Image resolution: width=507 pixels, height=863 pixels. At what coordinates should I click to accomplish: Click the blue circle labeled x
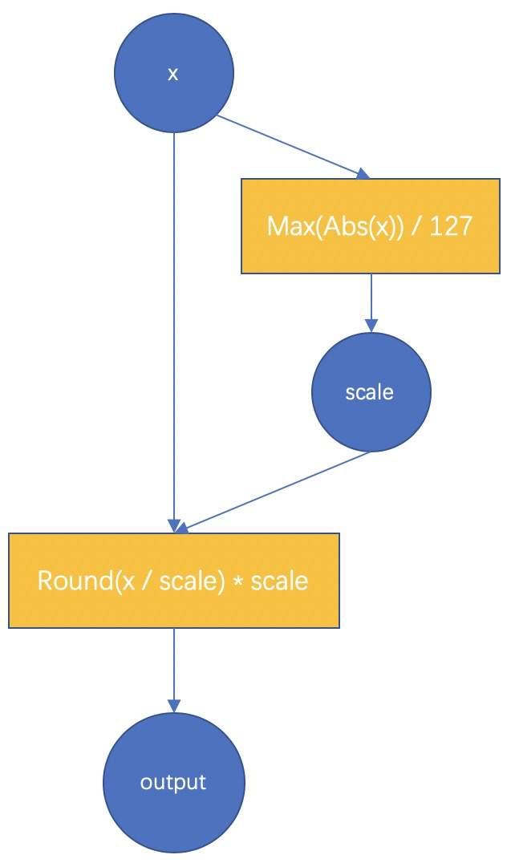tap(174, 73)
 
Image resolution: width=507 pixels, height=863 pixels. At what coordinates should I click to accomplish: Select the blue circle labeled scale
tap(371, 392)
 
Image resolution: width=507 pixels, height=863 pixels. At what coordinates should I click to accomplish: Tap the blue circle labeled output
tap(174, 782)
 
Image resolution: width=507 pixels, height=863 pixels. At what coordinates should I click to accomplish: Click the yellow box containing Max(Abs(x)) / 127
tap(371, 225)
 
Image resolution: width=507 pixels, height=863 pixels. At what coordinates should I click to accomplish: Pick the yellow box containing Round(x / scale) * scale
tap(174, 580)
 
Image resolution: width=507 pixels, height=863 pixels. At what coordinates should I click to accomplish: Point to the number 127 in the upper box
tap(451, 225)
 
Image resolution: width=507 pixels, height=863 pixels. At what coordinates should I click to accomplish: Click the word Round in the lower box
tap(76, 581)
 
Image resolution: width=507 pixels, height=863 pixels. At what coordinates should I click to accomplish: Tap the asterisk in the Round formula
tap(237, 581)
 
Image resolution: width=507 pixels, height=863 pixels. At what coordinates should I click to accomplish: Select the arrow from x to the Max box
tap(293, 147)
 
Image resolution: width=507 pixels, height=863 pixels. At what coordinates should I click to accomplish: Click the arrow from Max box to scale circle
tap(371, 302)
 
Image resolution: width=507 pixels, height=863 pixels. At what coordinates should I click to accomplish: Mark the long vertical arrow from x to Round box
tap(174, 332)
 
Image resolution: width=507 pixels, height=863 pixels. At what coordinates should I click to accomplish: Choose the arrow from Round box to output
tap(174, 670)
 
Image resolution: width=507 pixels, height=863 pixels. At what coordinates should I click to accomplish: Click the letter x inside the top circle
tap(172, 74)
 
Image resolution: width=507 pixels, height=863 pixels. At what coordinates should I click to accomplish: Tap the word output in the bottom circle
tap(173, 783)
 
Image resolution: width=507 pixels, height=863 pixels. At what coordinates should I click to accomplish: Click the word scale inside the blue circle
tap(369, 392)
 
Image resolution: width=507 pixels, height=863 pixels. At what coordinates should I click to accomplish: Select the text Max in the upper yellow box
tap(284, 225)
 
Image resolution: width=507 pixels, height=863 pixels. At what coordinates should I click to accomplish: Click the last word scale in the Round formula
tap(279, 581)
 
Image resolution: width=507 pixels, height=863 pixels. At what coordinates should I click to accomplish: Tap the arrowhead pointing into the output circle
tap(174, 706)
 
